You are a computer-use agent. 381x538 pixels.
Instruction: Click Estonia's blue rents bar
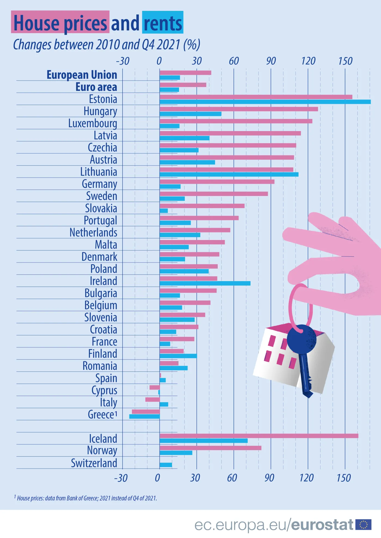(265, 102)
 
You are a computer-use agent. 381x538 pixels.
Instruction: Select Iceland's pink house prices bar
(259, 436)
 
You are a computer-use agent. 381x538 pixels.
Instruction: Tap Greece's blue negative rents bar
(145, 416)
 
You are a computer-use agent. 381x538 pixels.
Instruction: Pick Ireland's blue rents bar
(205, 284)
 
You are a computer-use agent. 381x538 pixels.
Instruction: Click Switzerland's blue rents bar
(166, 465)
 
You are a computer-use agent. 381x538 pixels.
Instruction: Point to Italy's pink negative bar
(152, 400)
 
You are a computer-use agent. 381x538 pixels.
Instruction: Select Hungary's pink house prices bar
(239, 109)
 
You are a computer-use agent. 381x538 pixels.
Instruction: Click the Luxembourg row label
(93, 123)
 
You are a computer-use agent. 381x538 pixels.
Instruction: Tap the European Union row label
(82, 75)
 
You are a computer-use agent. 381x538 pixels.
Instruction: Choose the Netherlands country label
(93, 233)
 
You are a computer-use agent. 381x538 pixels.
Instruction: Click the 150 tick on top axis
(345, 61)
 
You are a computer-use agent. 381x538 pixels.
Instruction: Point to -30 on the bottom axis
(121, 478)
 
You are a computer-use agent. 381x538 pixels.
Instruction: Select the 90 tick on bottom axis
(269, 478)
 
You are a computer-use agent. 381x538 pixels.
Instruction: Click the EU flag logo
(363, 525)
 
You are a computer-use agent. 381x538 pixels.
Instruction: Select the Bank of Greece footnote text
(87, 498)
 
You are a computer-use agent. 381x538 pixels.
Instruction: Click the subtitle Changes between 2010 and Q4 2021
(106, 45)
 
